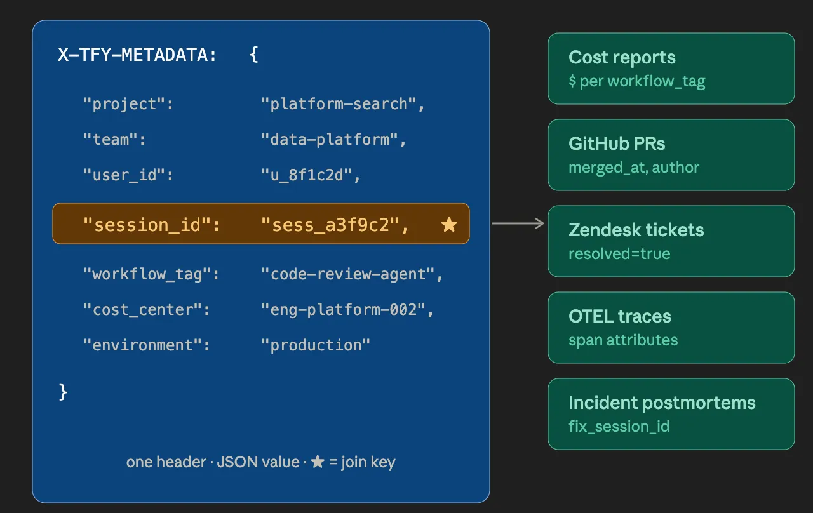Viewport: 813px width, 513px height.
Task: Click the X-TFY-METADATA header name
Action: click(137, 55)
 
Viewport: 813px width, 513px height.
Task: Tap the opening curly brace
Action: click(253, 55)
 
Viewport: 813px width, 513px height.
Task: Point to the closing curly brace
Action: click(63, 392)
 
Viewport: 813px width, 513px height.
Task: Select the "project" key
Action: click(128, 104)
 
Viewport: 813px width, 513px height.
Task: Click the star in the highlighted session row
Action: click(449, 224)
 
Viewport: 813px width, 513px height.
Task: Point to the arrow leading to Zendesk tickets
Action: click(518, 223)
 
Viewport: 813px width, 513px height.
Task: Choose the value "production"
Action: click(316, 345)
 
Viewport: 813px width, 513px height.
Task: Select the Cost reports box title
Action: click(622, 57)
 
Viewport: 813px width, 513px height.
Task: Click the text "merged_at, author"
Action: click(634, 168)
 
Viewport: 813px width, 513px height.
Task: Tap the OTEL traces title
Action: click(620, 316)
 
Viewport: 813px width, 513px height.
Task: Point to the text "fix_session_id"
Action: click(619, 426)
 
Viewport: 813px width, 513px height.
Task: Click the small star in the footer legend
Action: click(318, 462)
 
